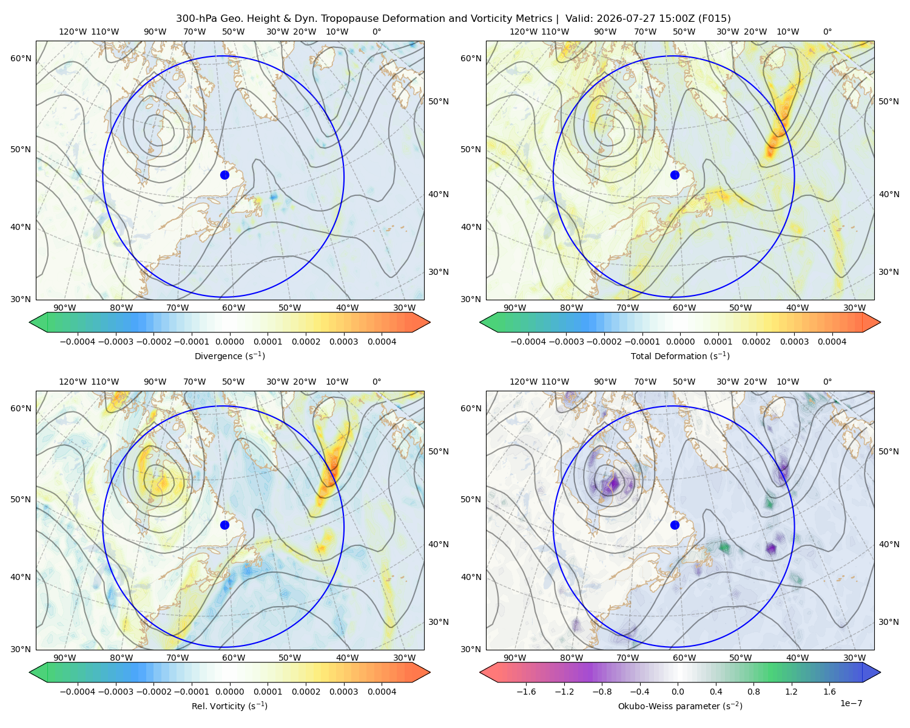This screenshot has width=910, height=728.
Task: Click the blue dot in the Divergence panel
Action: tap(224, 175)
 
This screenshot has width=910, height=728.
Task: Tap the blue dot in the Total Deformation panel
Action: tap(675, 175)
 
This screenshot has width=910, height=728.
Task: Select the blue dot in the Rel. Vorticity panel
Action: tap(224, 525)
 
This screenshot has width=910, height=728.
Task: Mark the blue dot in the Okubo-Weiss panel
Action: tap(675, 525)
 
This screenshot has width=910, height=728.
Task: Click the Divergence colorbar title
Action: tap(229, 356)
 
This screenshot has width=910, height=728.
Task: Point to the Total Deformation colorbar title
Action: tap(680, 356)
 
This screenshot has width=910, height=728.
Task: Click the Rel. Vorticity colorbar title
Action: tap(229, 706)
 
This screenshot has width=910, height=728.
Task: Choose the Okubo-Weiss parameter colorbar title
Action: tap(680, 706)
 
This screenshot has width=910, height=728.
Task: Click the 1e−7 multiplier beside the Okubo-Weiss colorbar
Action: tap(851, 703)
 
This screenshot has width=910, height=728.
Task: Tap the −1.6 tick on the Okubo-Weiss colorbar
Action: tap(526, 692)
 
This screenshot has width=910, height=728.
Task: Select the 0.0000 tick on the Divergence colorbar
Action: tap(229, 342)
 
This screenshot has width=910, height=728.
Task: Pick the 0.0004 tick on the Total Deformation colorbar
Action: tap(832, 342)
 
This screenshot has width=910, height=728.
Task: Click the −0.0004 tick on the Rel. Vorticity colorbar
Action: tap(78, 692)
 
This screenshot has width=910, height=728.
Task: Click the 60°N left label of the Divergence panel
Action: tap(21, 58)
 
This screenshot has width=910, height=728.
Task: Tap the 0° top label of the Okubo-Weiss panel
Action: tap(827, 382)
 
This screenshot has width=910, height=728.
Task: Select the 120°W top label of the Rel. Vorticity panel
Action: tap(73, 382)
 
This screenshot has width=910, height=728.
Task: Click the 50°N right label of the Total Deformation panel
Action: tap(888, 101)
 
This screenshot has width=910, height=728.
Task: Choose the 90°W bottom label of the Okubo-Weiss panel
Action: tap(514, 658)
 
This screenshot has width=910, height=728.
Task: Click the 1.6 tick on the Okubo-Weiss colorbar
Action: tap(830, 692)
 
